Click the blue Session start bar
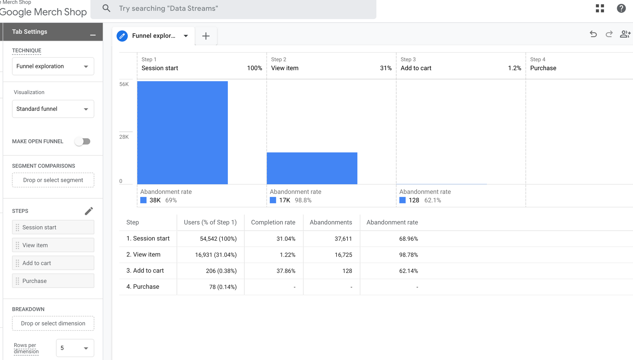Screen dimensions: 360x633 pos(182,133)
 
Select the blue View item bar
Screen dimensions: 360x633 pos(312,168)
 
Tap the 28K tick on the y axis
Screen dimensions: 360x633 pos(124,137)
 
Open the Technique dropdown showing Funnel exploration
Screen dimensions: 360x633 pos(53,66)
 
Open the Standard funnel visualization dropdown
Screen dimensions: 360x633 pos(53,109)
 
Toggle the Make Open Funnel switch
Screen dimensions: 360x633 pos(83,141)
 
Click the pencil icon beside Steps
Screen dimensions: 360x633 pos(89,211)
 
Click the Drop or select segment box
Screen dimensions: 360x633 pos(53,180)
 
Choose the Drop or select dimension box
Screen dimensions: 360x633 pos(53,323)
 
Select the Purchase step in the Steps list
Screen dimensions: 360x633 pos(53,281)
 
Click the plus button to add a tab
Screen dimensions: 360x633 pos(206,36)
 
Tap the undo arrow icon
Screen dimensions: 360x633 pos(593,34)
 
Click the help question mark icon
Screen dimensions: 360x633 pos(621,8)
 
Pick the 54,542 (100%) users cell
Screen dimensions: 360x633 pos(218,239)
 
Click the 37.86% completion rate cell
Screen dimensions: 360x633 pos(285,271)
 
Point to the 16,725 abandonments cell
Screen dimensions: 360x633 pos(343,255)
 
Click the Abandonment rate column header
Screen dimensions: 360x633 pos(392,222)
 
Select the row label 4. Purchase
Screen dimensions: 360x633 pos(143,287)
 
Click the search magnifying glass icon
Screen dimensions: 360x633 pos(106,8)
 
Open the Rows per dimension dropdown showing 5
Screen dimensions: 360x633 pos(75,348)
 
